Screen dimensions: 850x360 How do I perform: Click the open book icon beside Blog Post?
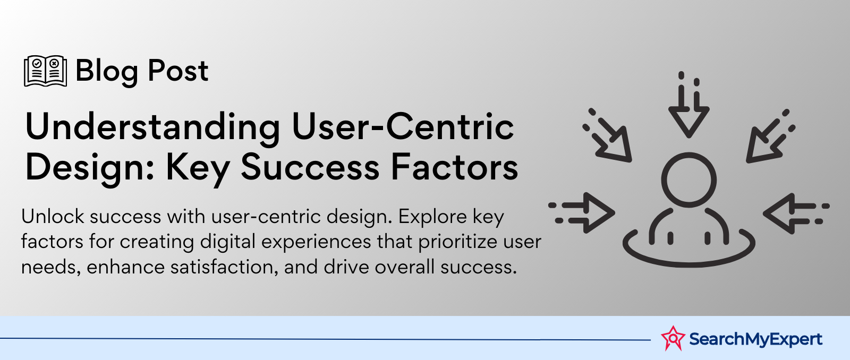click(x=46, y=71)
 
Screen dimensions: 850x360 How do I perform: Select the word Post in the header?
click(x=178, y=71)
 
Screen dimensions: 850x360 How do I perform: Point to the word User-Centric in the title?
click(x=403, y=126)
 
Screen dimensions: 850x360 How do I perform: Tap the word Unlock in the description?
click(x=53, y=217)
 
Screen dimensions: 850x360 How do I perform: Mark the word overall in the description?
click(x=404, y=267)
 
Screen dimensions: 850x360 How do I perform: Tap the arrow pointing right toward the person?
click(x=582, y=213)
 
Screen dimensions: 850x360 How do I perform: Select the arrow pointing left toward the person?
click(x=796, y=213)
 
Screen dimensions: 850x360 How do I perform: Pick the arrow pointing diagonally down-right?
click(x=608, y=136)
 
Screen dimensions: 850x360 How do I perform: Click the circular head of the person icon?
click(x=688, y=180)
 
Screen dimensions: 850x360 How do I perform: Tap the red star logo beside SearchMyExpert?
click(x=673, y=338)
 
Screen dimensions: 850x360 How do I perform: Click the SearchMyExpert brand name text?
click(x=755, y=339)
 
